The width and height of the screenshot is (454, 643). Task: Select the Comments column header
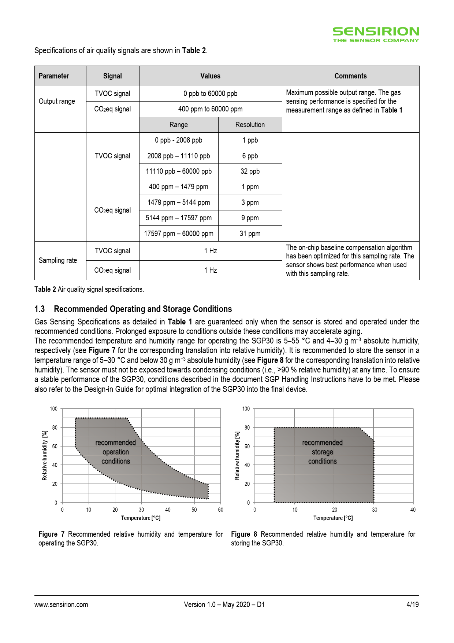coord(350,76)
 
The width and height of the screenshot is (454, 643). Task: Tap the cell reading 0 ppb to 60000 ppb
coord(210,93)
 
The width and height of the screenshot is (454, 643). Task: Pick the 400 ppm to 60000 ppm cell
coord(210,109)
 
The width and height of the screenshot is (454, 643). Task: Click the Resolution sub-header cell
coord(250,125)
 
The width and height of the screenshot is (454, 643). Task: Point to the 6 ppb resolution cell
coord(250,156)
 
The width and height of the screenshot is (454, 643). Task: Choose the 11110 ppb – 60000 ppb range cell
coord(179,171)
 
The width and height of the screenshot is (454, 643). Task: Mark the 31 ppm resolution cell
coord(250,234)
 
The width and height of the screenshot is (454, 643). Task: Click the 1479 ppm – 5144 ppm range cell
coord(179,202)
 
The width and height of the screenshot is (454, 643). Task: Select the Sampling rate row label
coord(58,260)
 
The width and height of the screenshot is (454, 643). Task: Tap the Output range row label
coord(57,101)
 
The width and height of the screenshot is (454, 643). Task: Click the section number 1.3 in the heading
coord(40,309)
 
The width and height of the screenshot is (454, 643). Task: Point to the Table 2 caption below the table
coord(89,289)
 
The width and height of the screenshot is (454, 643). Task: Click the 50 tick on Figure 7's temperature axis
coord(194,510)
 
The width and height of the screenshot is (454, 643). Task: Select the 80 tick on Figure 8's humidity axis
coord(247,427)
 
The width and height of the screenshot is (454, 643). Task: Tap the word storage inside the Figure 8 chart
coord(322,452)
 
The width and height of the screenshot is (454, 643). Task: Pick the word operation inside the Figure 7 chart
coord(116,452)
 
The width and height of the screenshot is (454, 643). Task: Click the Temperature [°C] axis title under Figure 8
coord(333,518)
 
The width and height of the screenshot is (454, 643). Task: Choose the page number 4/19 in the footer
coord(412,605)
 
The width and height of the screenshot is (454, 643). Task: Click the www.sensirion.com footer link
coord(61,605)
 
